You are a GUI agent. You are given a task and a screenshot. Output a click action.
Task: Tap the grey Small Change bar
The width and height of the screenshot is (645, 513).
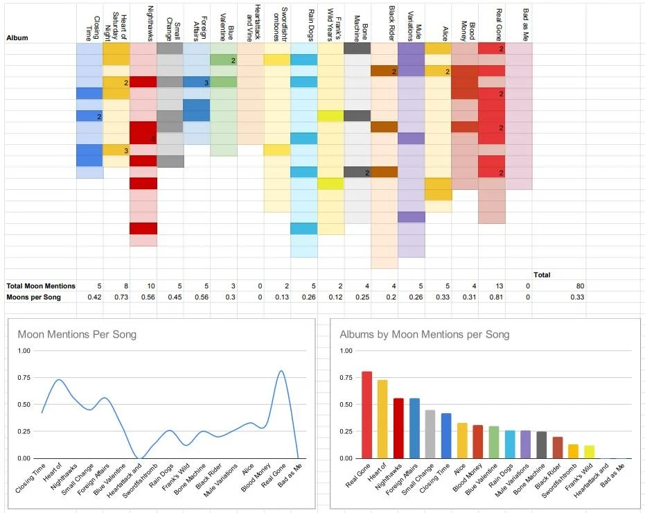coord(429,434)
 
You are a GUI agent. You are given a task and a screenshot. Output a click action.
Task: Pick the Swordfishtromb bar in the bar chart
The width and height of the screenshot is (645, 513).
coord(573,451)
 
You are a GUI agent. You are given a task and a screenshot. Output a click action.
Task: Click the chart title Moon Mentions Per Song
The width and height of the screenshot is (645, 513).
coord(77,334)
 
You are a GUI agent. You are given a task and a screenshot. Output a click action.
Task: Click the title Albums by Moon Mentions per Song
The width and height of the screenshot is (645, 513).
coord(424,334)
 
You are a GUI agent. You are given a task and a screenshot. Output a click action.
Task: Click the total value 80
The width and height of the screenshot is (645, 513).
coord(580,286)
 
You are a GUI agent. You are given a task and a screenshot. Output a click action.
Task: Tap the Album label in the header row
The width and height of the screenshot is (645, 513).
coord(17,37)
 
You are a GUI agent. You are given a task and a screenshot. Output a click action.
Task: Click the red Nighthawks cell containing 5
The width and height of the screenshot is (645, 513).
coord(143,133)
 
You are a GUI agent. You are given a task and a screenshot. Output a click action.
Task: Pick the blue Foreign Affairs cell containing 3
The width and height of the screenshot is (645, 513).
coord(197,82)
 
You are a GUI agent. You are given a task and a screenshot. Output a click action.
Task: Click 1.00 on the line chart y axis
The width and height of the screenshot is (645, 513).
coord(24,351)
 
